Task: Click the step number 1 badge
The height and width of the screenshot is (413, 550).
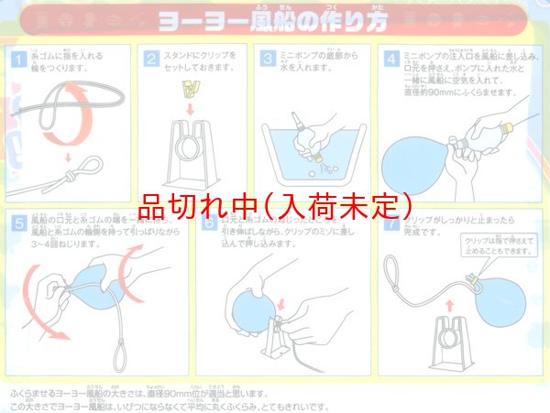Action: [x=17, y=58]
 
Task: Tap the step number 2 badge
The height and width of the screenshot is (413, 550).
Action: [x=153, y=58]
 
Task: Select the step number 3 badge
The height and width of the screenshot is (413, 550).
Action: [x=269, y=58]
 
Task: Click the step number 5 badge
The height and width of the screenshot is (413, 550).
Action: [x=17, y=223]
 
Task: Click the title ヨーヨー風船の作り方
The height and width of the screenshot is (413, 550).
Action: [x=274, y=18]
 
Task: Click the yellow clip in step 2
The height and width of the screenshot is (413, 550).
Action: [x=190, y=90]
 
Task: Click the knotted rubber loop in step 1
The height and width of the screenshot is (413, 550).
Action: [x=76, y=171]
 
